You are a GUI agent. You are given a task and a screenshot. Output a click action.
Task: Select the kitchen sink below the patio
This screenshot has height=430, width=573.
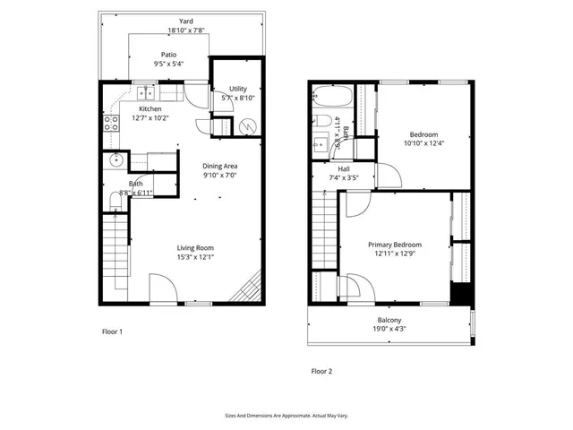[x=145, y=92]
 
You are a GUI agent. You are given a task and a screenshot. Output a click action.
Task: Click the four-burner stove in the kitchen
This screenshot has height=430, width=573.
[x=112, y=124]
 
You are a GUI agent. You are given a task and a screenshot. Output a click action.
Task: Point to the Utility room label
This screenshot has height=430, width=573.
[x=237, y=89]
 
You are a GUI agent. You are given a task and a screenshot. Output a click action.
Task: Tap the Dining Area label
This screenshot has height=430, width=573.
[x=219, y=166]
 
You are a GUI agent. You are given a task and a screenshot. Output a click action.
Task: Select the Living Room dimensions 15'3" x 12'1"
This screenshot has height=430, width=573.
[x=194, y=258]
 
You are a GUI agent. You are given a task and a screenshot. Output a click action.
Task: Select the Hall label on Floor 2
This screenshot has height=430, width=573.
[x=344, y=168]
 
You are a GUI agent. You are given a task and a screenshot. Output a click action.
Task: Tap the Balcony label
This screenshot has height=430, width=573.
[x=389, y=320]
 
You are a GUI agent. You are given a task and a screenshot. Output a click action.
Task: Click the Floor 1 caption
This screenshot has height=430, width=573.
[x=112, y=331]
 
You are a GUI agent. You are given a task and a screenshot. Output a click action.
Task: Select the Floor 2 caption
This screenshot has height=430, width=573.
[x=321, y=370]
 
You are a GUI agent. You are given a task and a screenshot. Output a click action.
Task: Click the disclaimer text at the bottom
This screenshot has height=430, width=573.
[x=286, y=416]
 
